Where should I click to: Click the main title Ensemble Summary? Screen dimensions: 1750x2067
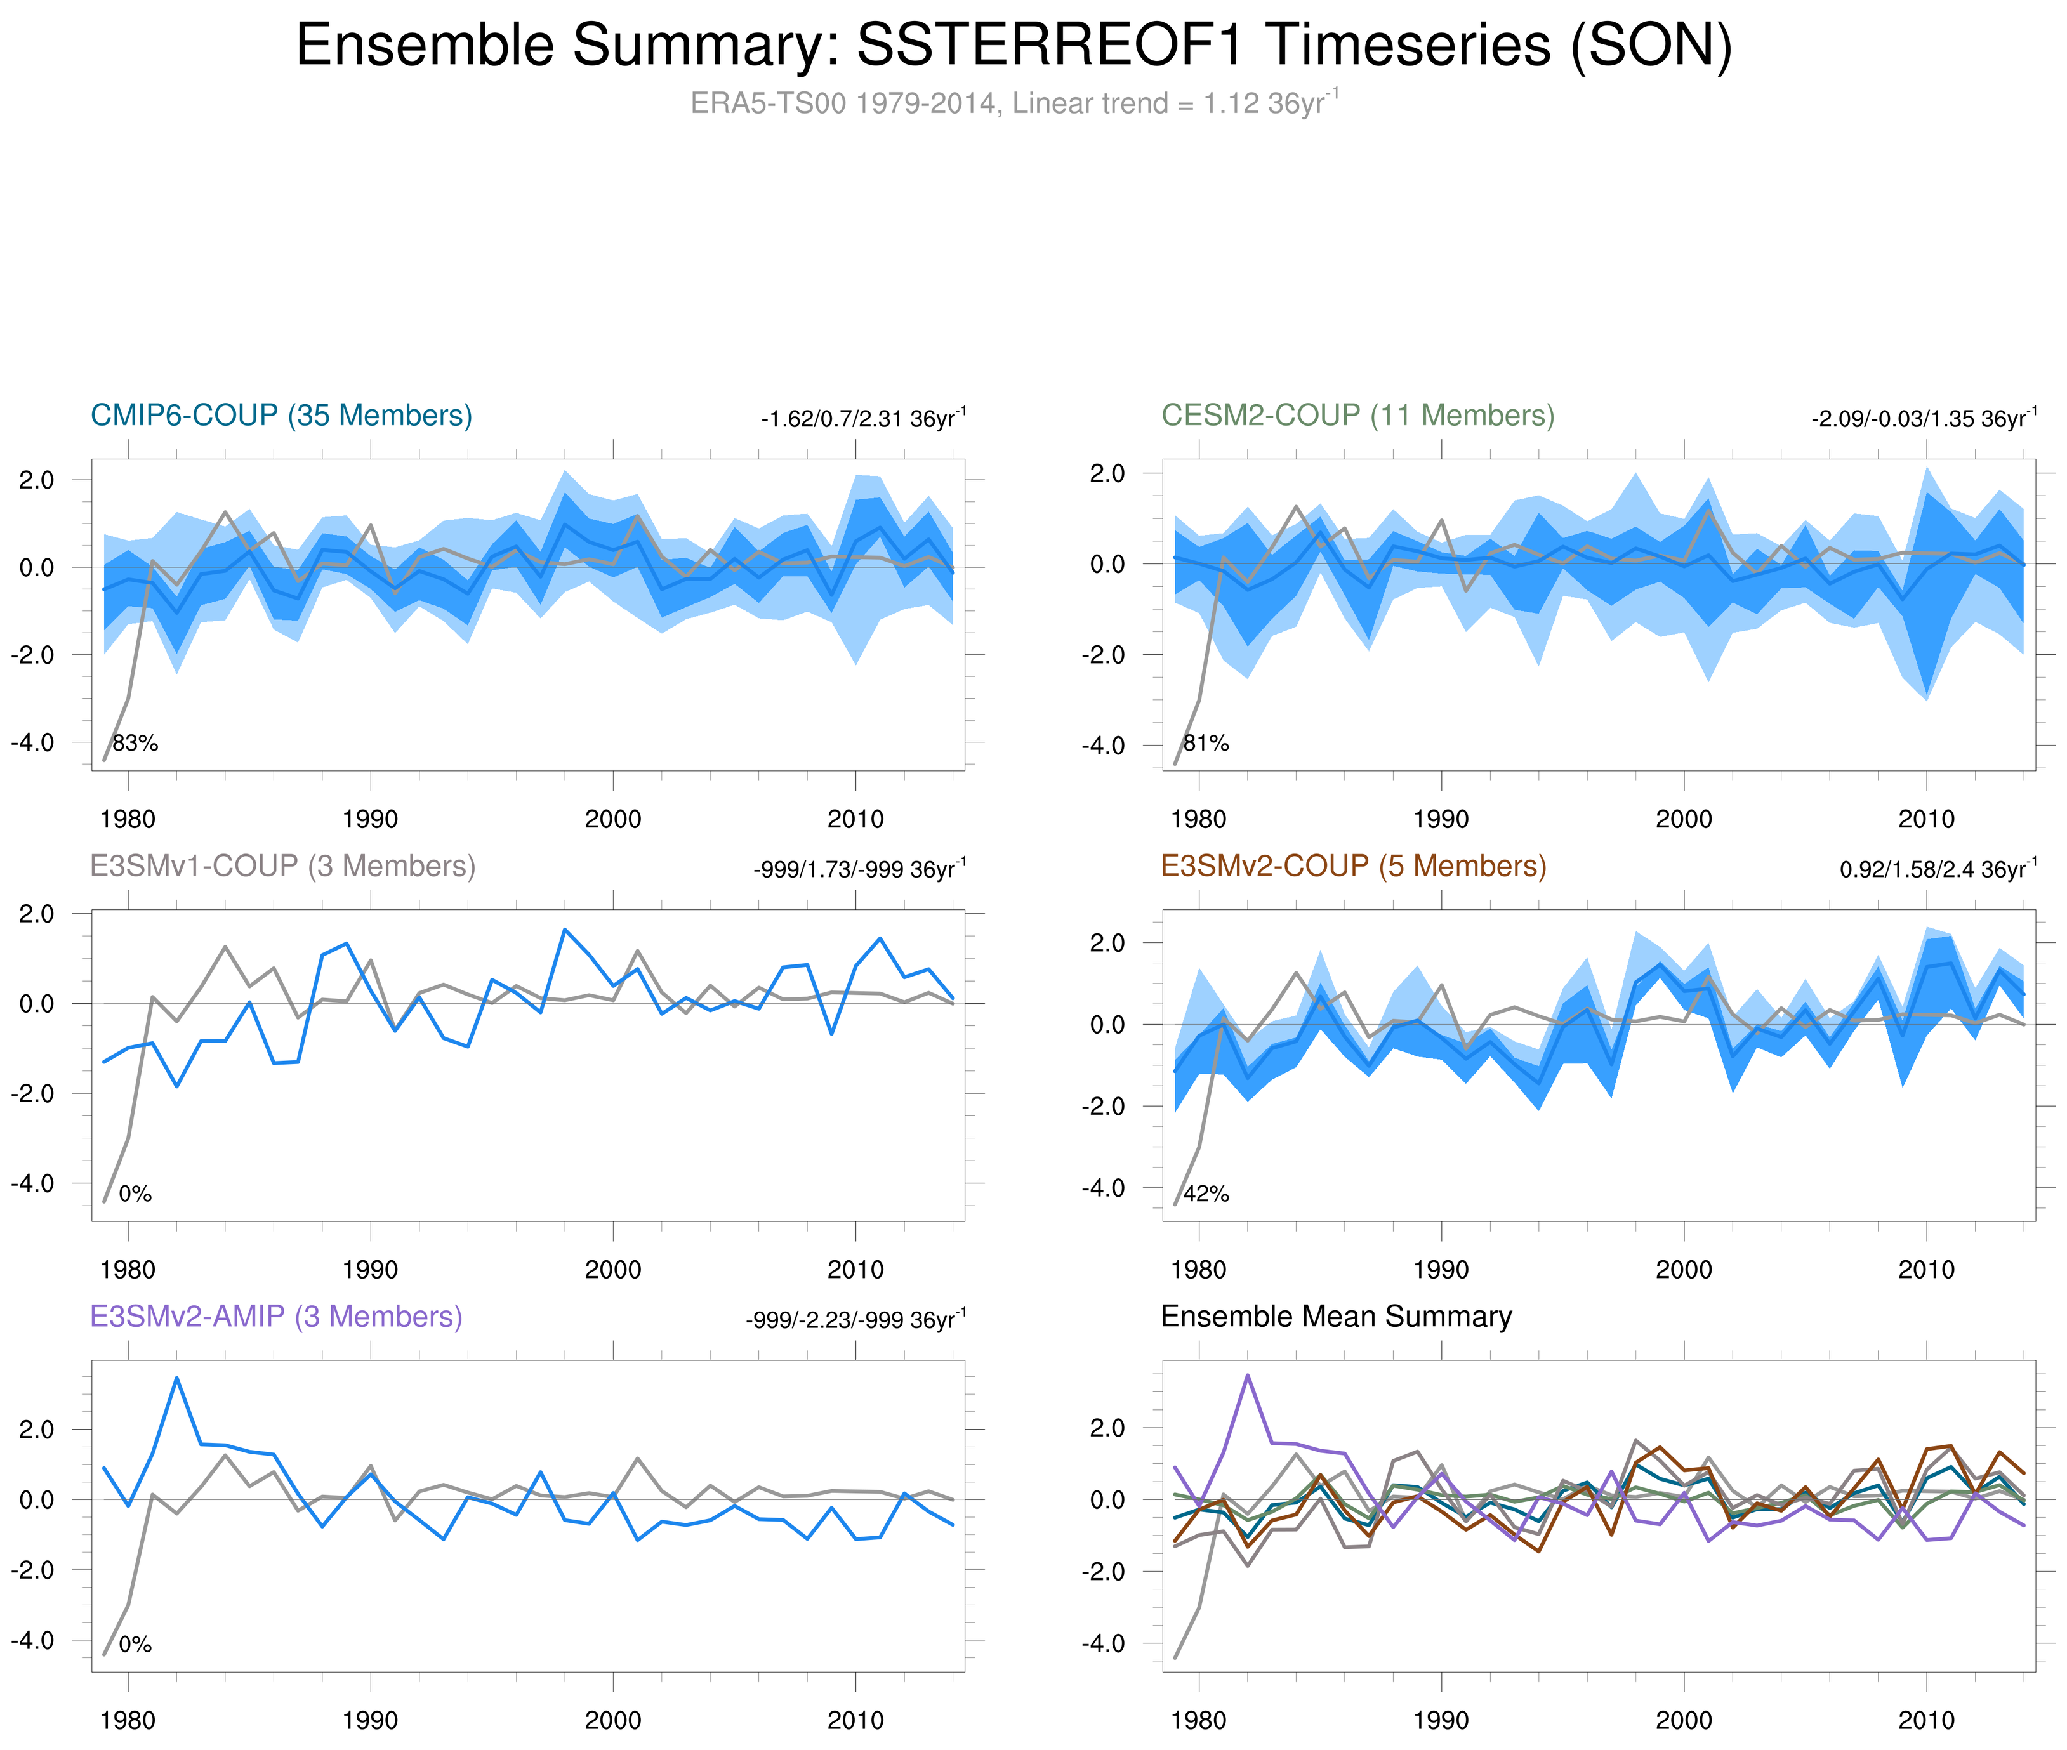click(1013, 46)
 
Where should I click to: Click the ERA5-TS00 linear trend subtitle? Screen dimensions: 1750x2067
click(1013, 103)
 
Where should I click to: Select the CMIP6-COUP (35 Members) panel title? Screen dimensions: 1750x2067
click(281, 415)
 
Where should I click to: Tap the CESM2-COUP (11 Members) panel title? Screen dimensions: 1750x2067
click(1357, 415)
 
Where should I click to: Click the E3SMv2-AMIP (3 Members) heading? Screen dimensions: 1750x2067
click(276, 1317)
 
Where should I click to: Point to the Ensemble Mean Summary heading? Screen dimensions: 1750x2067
click(1336, 1317)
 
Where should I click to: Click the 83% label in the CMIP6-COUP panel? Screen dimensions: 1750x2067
click(135, 743)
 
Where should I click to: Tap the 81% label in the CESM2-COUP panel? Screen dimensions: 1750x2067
click(1206, 743)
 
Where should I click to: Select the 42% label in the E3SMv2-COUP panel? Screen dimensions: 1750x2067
click(1206, 1194)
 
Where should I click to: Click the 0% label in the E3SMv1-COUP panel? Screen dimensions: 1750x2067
click(135, 1194)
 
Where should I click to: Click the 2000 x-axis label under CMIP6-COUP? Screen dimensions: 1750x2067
click(612, 819)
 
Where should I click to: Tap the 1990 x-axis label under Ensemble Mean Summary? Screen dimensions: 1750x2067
click(1441, 1720)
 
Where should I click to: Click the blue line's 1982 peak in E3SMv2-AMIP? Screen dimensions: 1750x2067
click(176, 1378)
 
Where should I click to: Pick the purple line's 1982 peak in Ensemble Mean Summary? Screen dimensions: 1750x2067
click(1247, 1375)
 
